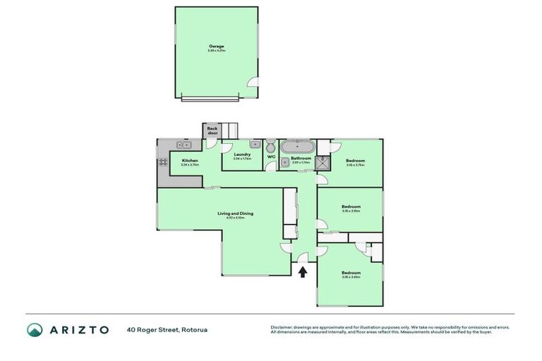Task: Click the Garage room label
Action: [216, 47]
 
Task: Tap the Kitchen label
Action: [189, 161]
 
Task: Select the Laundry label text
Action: [242, 154]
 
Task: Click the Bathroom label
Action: [301, 159]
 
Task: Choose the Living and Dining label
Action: [235, 214]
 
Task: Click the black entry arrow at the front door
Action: [303, 272]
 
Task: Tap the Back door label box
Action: [212, 131]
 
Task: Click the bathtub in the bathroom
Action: [297, 147]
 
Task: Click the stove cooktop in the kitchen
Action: [163, 161]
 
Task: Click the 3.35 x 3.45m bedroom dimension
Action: [351, 277]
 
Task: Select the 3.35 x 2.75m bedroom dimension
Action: [355, 165]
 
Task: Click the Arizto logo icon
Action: [35, 329]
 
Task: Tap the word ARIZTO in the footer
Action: [78, 329]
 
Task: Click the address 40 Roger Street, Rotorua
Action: [167, 329]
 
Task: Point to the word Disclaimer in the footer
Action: [283, 327]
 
